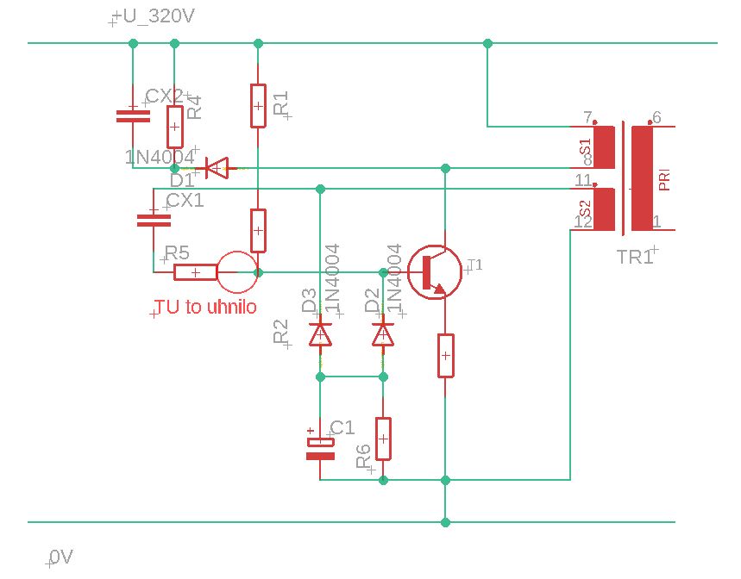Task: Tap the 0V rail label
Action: [x=61, y=557]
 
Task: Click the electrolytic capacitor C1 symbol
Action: [x=320, y=447]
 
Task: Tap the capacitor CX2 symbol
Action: [x=132, y=115]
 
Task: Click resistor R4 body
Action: [x=174, y=127]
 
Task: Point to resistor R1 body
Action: [x=257, y=105]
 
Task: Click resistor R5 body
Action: [x=195, y=272]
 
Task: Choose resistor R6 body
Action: [x=383, y=439]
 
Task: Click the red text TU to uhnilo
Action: [x=205, y=307]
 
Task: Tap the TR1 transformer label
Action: [x=635, y=257]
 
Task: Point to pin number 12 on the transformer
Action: [x=582, y=221]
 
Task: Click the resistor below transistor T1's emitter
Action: [x=445, y=355]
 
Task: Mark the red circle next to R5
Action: [x=236, y=272]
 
